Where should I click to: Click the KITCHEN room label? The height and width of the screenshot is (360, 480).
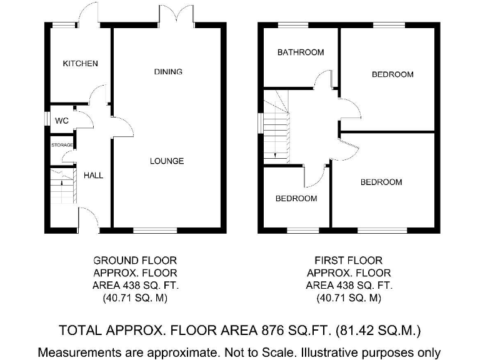pos(80,64)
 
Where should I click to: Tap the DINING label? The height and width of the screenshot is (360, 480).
pos(168,72)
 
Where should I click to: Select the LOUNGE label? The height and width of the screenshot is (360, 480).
pos(167,161)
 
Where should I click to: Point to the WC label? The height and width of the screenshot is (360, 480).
pos(62,121)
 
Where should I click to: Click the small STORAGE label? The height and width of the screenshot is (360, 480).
pos(62,145)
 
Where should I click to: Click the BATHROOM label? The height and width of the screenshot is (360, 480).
pos(301,52)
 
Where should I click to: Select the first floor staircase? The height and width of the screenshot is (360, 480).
pos(276,128)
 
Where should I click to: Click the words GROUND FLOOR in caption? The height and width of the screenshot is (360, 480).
pos(134,260)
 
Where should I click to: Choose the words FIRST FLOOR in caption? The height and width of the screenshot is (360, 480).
pos(349,260)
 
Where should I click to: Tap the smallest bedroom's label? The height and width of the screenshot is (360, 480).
pos(296,199)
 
